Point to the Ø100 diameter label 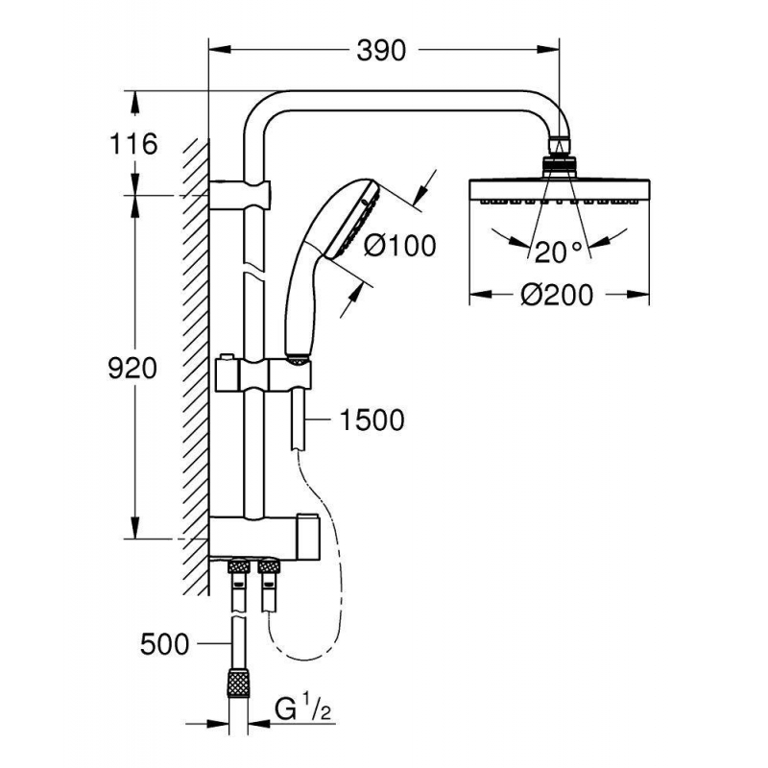pyautogui.click(x=400, y=246)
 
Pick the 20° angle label pyautogui.click(x=559, y=252)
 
